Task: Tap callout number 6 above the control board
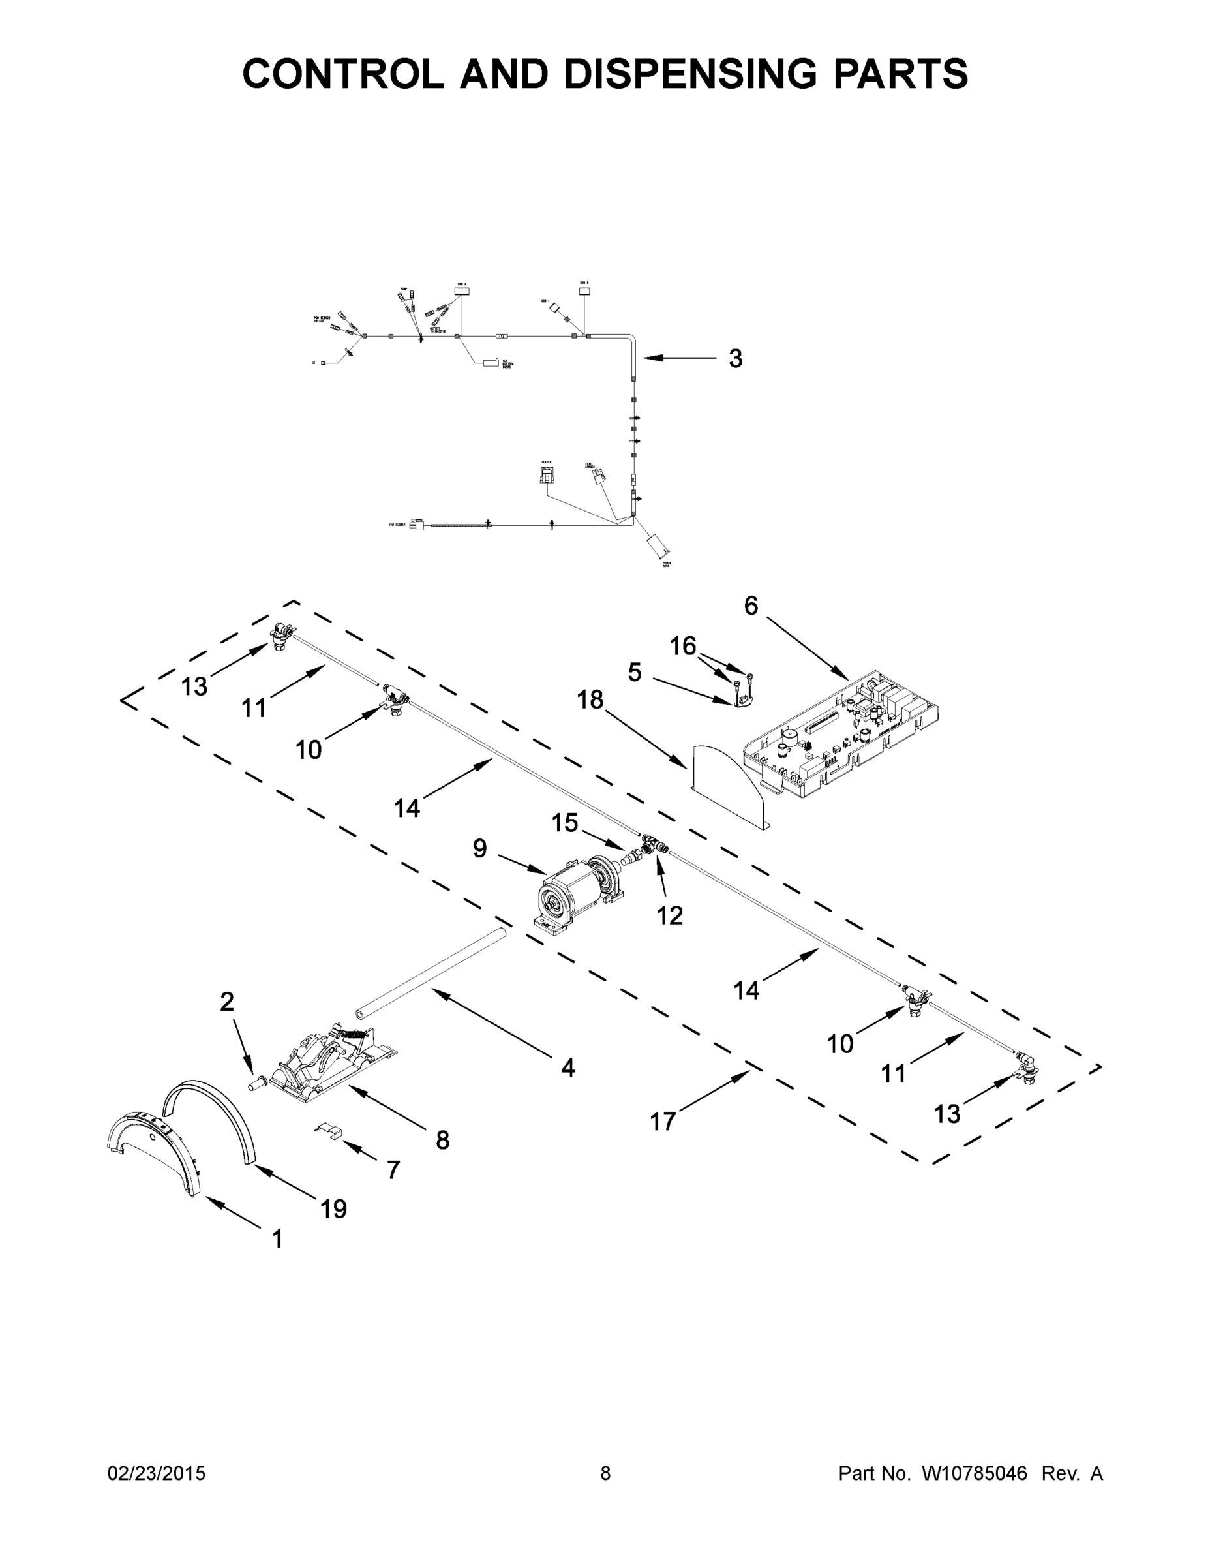(751, 607)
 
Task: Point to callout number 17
(662, 1122)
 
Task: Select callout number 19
(334, 1210)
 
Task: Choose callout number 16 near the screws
(682, 647)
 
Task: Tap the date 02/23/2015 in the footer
(157, 1473)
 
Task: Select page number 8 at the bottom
(605, 1473)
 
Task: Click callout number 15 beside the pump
(565, 823)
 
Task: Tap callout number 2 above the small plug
(226, 1002)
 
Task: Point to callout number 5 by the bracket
(635, 673)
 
